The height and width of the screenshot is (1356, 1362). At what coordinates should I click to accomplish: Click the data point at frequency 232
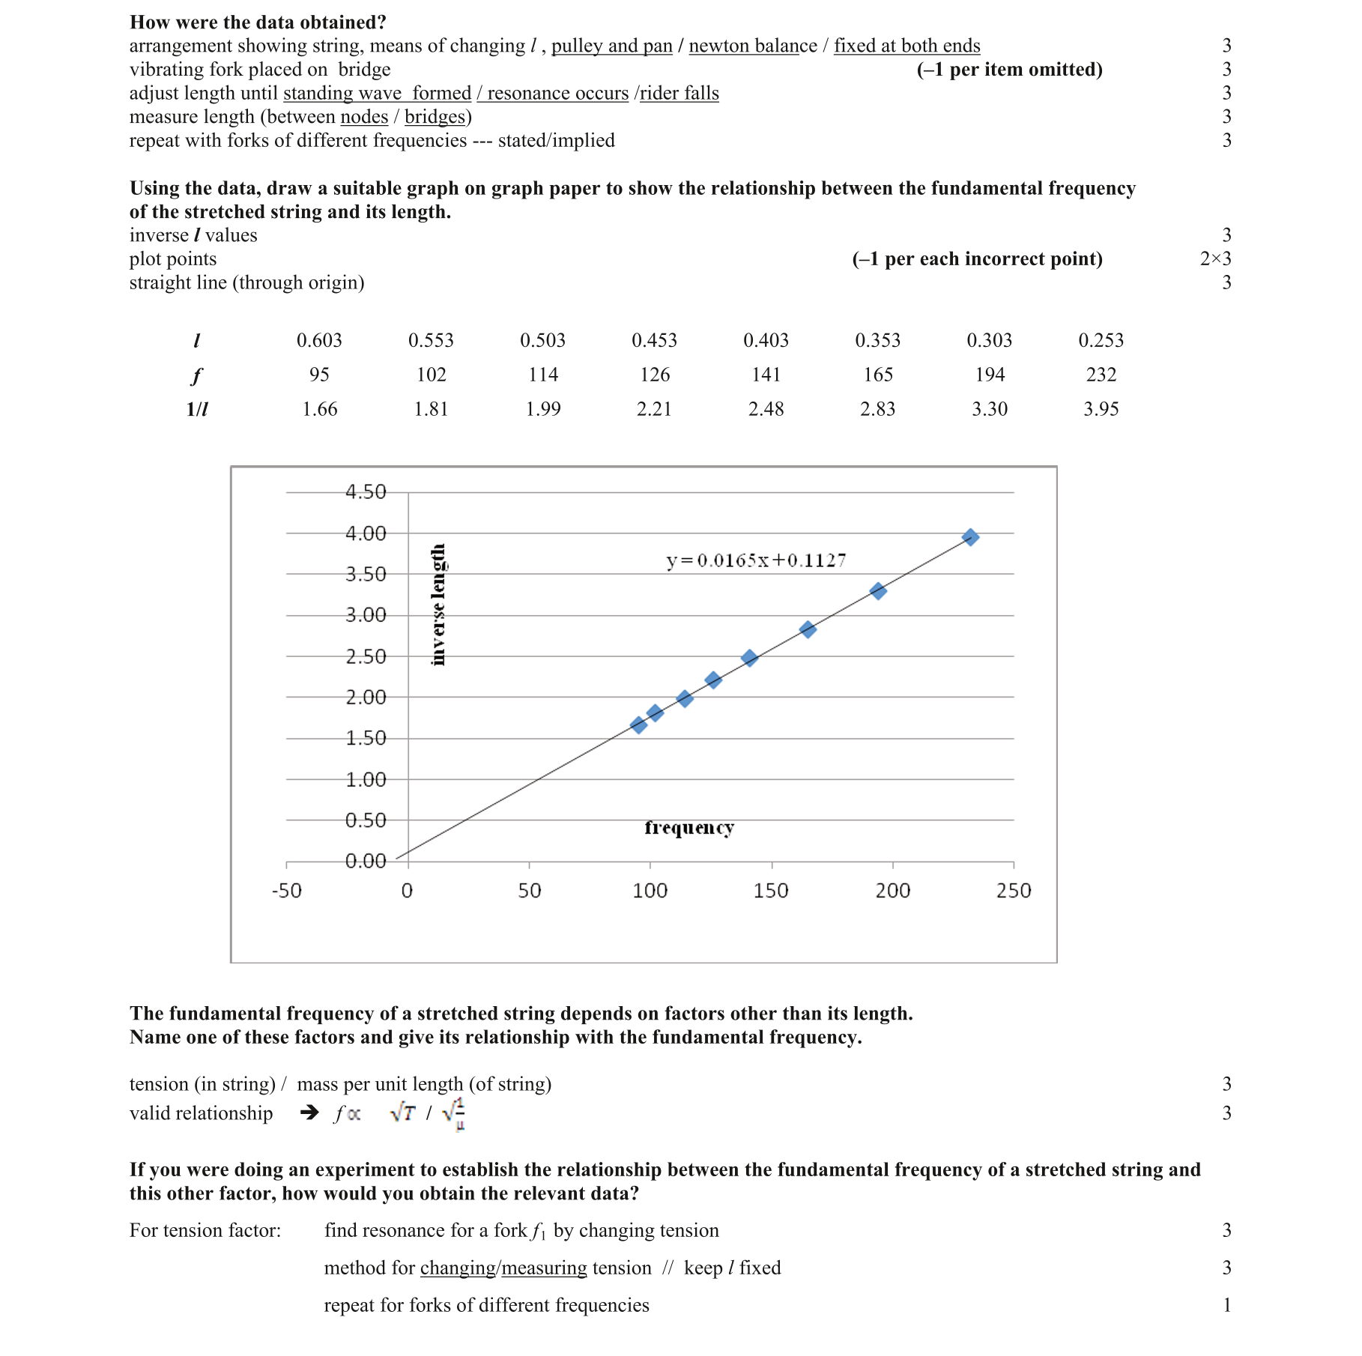pyautogui.click(x=970, y=537)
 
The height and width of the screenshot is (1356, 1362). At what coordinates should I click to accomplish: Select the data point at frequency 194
pyautogui.click(x=878, y=591)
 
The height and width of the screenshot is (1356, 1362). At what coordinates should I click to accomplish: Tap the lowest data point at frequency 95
pyautogui.click(x=638, y=724)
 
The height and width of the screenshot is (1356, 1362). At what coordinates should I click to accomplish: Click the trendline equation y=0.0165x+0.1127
pyautogui.click(x=756, y=560)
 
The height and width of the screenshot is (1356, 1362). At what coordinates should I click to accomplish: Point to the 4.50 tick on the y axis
pyautogui.click(x=366, y=492)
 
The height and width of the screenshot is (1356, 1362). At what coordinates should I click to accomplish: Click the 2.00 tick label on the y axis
pyautogui.click(x=366, y=697)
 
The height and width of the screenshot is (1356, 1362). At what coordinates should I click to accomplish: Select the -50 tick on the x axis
pyautogui.click(x=286, y=891)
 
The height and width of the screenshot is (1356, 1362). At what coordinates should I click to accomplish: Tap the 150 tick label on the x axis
pyautogui.click(x=771, y=891)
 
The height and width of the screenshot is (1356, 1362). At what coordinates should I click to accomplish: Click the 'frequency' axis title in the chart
pyautogui.click(x=689, y=828)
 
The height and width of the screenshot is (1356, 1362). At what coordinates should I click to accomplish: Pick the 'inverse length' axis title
pyautogui.click(x=438, y=605)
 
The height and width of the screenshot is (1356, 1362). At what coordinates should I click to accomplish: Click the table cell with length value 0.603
pyautogui.click(x=319, y=340)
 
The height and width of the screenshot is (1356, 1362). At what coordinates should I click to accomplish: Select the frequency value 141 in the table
pyautogui.click(x=766, y=375)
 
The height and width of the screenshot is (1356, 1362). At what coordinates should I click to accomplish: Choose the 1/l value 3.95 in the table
pyautogui.click(x=1101, y=409)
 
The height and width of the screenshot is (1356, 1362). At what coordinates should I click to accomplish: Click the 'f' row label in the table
pyautogui.click(x=196, y=375)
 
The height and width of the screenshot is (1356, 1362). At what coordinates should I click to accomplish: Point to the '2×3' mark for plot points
pyautogui.click(x=1215, y=258)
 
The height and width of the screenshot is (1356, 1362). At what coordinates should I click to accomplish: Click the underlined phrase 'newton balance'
pyautogui.click(x=753, y=46)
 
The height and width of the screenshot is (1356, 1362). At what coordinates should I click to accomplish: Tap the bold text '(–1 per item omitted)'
pyautogui.click(x=1009, y=70)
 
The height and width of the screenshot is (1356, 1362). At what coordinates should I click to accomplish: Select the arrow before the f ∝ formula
pyautogui.click(x=309, y=1113)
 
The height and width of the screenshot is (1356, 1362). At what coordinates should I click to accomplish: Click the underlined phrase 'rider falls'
pyautogui.click(x=679, y=93)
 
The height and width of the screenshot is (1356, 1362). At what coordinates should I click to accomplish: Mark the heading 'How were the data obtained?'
pyautogui.click(x=258, y=22)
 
